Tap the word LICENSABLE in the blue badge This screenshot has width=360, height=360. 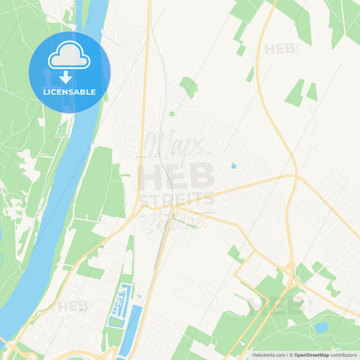[70, 91]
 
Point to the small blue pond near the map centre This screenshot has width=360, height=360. [234, 165]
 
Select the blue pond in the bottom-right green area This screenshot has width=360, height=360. [320, 328]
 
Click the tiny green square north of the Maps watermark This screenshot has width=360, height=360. [172, 113]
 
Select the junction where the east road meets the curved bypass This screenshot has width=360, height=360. [294, 177]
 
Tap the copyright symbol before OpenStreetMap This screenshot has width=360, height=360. [292, 354]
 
